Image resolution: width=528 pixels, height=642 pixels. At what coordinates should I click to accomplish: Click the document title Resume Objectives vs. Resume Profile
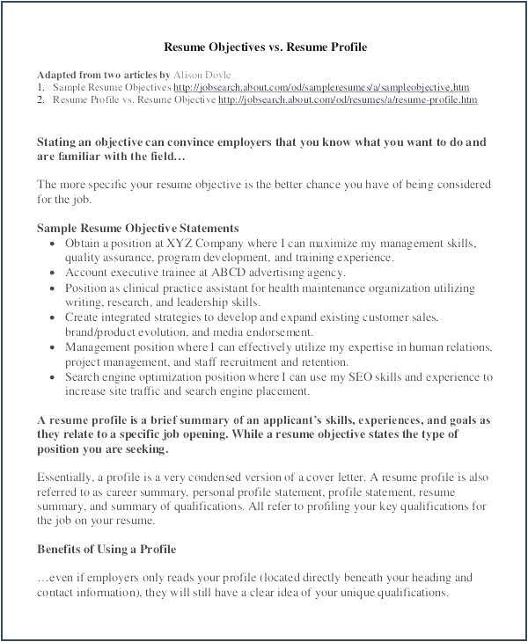click(x=266, y=47)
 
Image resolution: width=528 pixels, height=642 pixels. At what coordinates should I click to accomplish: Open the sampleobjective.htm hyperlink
click(x=321, y=88)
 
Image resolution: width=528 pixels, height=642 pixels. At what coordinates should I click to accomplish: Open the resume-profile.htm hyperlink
click(x=348, y=100)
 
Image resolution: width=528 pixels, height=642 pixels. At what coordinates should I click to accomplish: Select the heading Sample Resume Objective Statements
click(x=138, y=228)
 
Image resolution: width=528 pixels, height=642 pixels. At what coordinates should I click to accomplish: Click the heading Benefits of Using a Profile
click(x=106, y=549)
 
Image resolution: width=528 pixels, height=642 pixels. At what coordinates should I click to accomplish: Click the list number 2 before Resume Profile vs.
click(x=40, y=100)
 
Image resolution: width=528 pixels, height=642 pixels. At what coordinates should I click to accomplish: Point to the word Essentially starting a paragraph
click(x=67, y=477)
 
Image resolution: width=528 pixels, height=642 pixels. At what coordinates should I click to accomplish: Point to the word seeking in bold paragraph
click(x=146, y=449)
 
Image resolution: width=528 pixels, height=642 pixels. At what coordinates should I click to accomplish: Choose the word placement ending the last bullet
click(x=287, y=391)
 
